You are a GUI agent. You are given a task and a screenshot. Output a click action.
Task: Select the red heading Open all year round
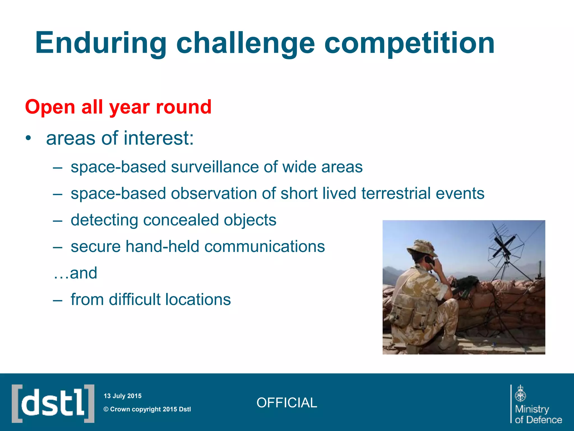click(x=118, y=107)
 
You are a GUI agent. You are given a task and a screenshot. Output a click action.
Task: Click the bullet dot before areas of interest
click(x=28, y=138)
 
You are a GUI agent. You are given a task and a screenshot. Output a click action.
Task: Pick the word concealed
click(x=181, y=220)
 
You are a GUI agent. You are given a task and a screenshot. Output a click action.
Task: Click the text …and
click(x=75, y=273)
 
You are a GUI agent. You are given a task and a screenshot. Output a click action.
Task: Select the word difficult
click(x=135, y=299)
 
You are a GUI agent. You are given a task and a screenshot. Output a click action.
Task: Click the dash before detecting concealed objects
click(x=57, y=221)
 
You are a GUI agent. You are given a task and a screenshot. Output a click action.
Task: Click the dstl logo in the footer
click(x=53, y=404)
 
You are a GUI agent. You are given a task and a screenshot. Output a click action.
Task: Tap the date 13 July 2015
click(x=122, y=396)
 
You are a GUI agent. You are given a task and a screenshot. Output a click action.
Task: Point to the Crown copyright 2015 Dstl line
click(x=147, y=409)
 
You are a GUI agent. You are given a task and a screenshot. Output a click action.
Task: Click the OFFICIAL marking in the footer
click(x=286, y=403)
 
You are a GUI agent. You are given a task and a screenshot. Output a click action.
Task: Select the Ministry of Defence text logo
click(x=538, y=414)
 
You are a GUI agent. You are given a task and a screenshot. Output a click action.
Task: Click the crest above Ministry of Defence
click(x=520, y=393)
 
